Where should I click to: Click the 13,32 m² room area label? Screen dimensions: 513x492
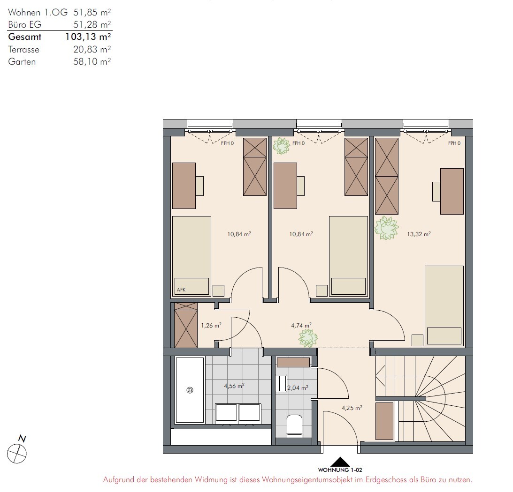click(419, 234)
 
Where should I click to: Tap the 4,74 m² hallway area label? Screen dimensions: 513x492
click(301, 325)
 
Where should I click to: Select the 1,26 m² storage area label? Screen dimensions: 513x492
click(211, 325)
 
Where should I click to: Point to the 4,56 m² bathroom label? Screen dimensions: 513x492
click(234, 386)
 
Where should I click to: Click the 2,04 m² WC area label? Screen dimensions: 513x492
click(298, 388)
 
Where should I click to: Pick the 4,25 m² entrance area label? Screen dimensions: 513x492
click(352, 408)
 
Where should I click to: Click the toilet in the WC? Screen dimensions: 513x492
click(294, 426)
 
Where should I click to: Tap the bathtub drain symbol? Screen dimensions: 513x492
click(190, 390)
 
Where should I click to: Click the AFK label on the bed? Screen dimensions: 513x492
click(181, 290)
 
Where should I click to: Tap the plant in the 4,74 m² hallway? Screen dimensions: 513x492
click(308, 338)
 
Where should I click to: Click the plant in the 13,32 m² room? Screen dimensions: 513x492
click(387, 228)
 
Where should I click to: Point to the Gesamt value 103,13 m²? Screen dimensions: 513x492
click(88, 37)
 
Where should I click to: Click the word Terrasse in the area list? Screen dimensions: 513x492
click(23, 50)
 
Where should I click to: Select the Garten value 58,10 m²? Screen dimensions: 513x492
click(92, 61)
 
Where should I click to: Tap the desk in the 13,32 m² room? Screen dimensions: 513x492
click(452, 191)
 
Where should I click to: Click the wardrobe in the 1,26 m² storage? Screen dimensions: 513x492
click(186, 325)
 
